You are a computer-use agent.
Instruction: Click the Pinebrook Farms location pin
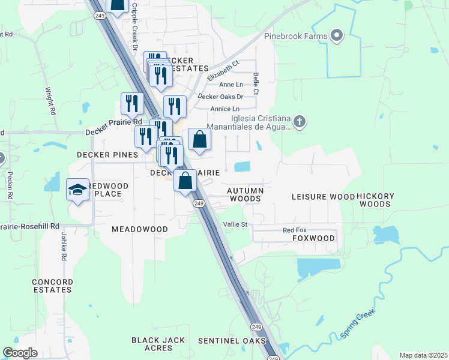click(x=337, y=36)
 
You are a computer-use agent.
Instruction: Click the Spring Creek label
click(x=358, y=323)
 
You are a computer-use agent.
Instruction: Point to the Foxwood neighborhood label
click(x=313, y=238)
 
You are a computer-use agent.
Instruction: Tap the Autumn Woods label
click(x=244, y=194)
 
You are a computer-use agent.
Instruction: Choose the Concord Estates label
click(x=52, y=286)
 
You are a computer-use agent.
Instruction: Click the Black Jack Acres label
click(x=158, y=344)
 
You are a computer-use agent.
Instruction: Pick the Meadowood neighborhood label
click(x=140, y=229)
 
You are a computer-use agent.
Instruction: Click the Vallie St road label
click(x=235, y=224)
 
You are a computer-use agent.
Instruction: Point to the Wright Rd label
click(x=51, y=101)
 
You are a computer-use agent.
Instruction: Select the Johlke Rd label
click(x=62, y=247)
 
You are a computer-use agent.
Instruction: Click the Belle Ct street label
click(x=256, y=84)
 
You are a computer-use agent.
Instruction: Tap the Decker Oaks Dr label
click(x=220, y=97)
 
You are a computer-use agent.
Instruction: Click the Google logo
click(x=20, y=353)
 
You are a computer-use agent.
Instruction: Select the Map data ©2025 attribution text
click(x=423, y=355)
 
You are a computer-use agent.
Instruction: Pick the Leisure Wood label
click(x=323, y=197)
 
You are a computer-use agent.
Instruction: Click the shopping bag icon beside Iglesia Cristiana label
click(x=199, y=140)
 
